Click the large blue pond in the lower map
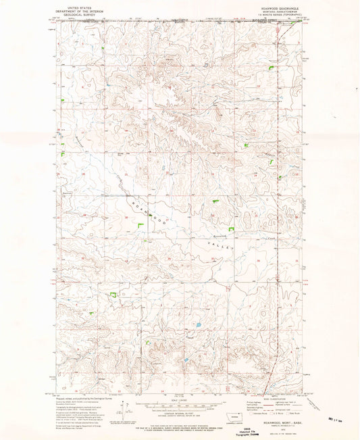[199, 325]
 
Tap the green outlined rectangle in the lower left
[114, 295]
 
